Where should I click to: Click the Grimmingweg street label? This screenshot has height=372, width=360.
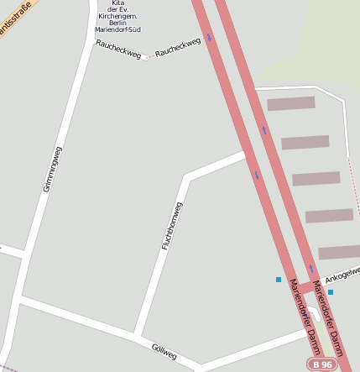[x=52, y=169]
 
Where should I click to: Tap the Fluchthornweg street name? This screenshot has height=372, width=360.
[x=172, y=225]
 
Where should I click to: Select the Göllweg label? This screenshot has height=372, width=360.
[x=164, y=352]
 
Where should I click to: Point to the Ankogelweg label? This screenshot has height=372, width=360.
[x=342, y=274]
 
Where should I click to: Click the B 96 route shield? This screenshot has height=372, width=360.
[x=323, y=364]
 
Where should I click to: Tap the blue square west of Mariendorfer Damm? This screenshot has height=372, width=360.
[x=279, y=280]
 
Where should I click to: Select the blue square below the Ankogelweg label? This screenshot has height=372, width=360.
[x=331, y=292]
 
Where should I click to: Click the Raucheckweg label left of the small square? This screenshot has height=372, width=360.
[x=118, y=50]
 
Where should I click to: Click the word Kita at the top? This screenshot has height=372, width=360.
[x=117, y=3]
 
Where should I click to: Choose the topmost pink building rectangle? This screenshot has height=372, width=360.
[x=290, y=103]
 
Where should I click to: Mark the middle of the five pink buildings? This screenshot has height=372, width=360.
[x=316, y=179]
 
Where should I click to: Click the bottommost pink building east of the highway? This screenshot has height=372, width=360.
[x=339, y=252]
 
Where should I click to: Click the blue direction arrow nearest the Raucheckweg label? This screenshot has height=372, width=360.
[x=209, y=37]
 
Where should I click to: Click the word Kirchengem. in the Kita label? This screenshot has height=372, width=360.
[x=117, y=16]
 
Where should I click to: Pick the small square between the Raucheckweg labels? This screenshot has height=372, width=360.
[x=145, y=57]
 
